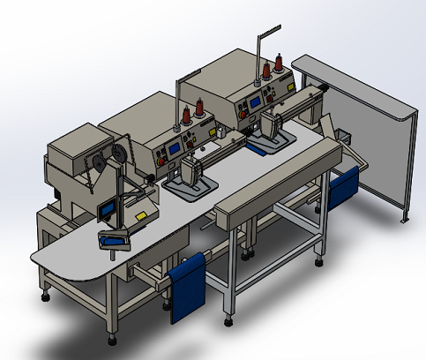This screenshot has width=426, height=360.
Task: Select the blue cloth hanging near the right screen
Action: coord(342,188)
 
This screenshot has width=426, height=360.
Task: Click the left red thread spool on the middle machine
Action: coord(186,117)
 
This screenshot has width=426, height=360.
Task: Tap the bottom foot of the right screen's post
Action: coord(406,220)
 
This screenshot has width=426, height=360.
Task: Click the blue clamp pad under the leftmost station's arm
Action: coord(112,237)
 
